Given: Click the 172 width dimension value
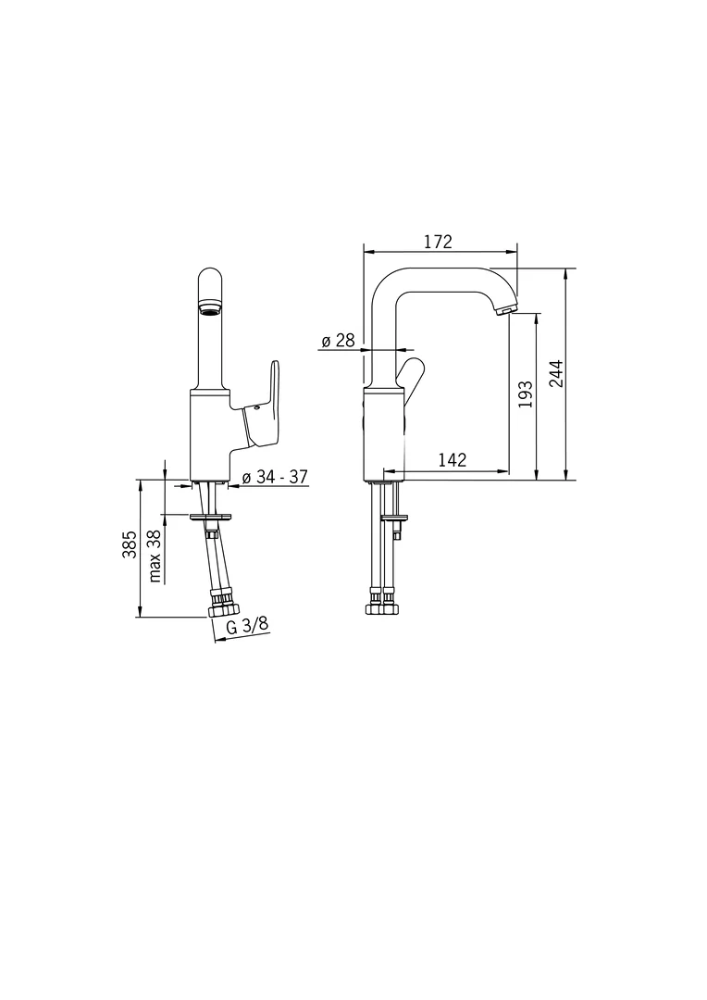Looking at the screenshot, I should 438,242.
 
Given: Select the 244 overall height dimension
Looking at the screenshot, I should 555,373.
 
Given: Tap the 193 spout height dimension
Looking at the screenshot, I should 525,394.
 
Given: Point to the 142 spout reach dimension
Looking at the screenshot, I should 452,459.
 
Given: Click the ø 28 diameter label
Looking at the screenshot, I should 338,341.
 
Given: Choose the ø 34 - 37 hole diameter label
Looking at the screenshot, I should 274,477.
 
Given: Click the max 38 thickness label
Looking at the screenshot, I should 155,556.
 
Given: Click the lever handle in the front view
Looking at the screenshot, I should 264,407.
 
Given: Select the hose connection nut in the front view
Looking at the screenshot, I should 224,609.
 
